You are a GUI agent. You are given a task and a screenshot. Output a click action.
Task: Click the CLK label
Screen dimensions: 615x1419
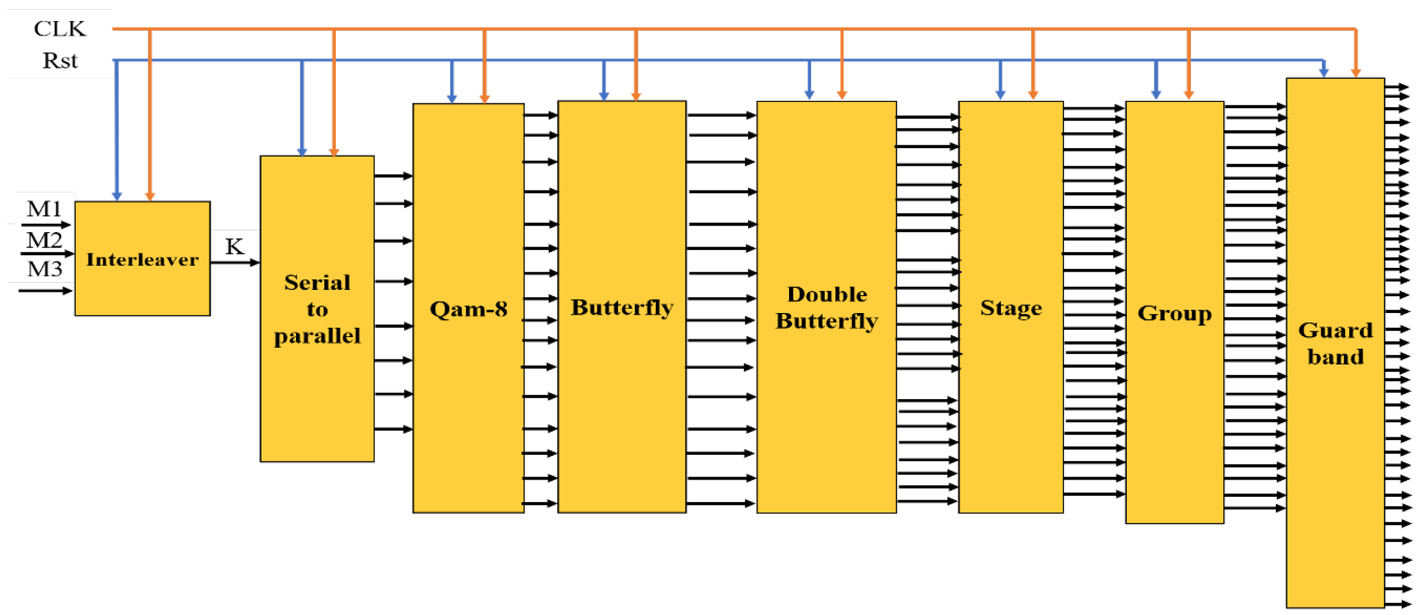60,29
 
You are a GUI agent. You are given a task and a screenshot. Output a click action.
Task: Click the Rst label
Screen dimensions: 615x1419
60,61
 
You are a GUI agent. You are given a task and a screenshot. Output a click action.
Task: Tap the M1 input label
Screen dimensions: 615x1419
44,209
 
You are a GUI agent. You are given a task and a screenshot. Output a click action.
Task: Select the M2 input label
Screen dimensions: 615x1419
44,240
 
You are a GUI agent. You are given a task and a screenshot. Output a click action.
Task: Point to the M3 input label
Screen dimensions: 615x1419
44,269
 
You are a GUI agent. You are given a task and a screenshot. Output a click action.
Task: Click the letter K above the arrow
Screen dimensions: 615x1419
234,246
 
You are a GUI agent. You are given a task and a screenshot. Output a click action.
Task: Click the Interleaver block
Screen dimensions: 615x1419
142,259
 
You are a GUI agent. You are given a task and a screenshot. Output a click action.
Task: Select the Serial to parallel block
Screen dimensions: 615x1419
317,309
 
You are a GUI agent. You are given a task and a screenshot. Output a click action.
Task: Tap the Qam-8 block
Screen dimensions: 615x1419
468,309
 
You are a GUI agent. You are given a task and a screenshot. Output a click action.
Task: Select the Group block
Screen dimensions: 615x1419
1174,313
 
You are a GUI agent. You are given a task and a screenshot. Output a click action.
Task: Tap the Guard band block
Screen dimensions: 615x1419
1335,343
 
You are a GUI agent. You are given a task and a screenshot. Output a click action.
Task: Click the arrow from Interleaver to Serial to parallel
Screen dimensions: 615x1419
234,263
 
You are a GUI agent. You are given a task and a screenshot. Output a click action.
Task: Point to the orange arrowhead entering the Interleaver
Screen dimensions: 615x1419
150,196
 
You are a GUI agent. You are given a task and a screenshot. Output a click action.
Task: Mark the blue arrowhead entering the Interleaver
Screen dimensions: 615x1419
117,196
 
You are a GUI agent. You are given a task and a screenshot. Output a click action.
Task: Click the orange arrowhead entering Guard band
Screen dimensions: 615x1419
1356,73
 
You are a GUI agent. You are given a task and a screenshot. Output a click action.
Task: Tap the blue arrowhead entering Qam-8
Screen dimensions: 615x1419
452,99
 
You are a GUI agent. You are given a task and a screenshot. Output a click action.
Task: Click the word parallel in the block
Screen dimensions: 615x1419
317,336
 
